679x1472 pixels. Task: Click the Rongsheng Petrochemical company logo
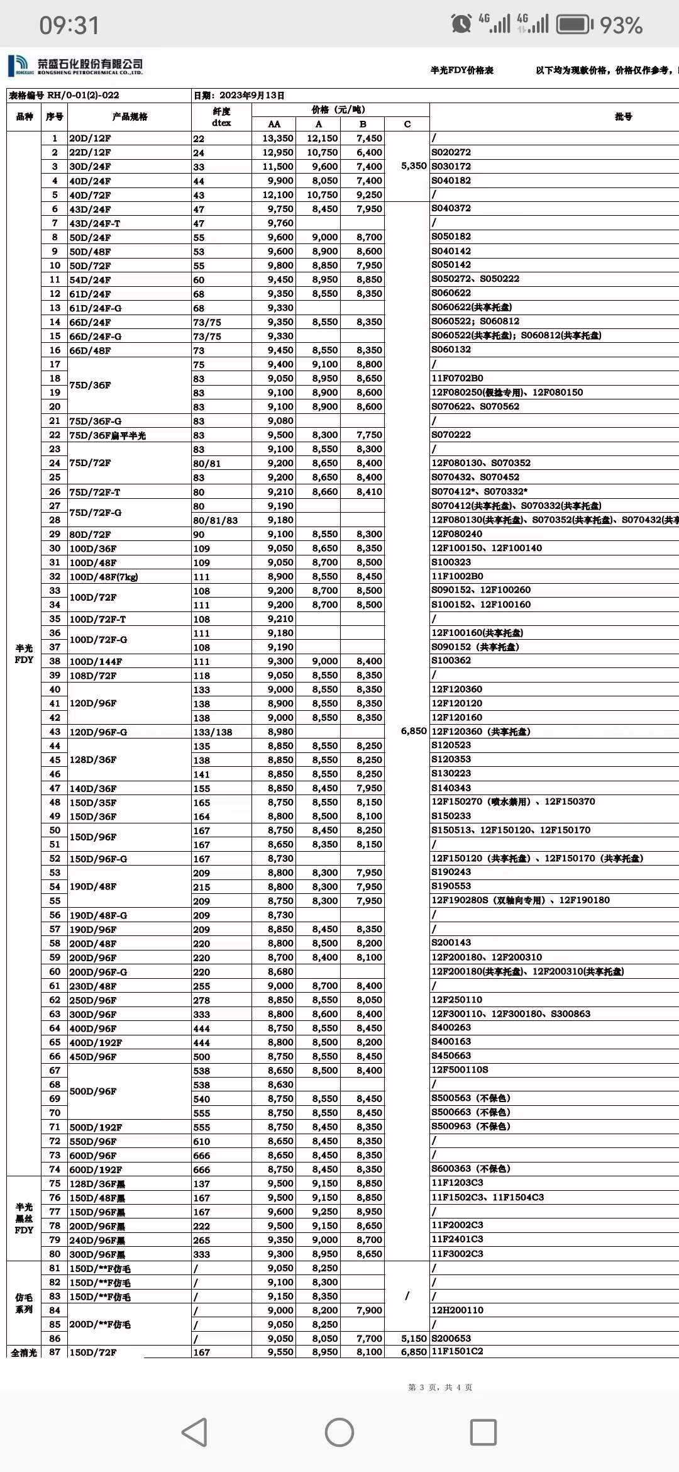pos(75,65)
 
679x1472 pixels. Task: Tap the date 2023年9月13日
pos(239,96)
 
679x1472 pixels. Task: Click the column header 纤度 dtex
pos(221,117)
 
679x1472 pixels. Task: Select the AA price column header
pos(274,124)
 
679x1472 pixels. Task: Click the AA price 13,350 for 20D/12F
pos(277,138)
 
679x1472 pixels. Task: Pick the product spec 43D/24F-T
pos(94,223)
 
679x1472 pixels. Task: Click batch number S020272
pos(451,152)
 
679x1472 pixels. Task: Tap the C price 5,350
pos(414,166)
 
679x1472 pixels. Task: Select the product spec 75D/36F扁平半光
pos(108,435)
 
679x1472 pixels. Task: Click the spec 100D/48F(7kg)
pos(104,577)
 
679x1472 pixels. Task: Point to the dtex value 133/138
pos(213,732)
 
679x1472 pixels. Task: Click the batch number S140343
pos(451,788)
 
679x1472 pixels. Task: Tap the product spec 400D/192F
pos(96,1042)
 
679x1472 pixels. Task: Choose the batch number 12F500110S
pos(460,1070)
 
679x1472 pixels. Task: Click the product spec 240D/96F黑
pos(97,1240)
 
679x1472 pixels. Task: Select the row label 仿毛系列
pos(24,1303)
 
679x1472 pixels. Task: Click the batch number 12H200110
pos(457,1310)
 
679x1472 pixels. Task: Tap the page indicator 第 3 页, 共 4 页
pos(440,1387)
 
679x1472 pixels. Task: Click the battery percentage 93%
pos(621,25)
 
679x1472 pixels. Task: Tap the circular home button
pos(339,1432)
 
